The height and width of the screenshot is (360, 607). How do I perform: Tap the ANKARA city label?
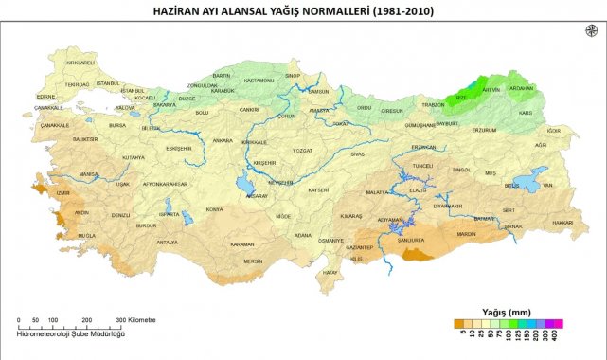[223, 140]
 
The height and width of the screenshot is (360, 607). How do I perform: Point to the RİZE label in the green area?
[461, 96]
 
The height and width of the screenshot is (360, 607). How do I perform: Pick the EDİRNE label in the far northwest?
[46, 96]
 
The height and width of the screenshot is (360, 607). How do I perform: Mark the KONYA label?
[214, 208]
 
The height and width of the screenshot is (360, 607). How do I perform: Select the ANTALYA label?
[167, 242]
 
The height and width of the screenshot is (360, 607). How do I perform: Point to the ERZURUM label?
[484, 130]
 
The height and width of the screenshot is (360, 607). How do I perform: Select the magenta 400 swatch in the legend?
[559, 322]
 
